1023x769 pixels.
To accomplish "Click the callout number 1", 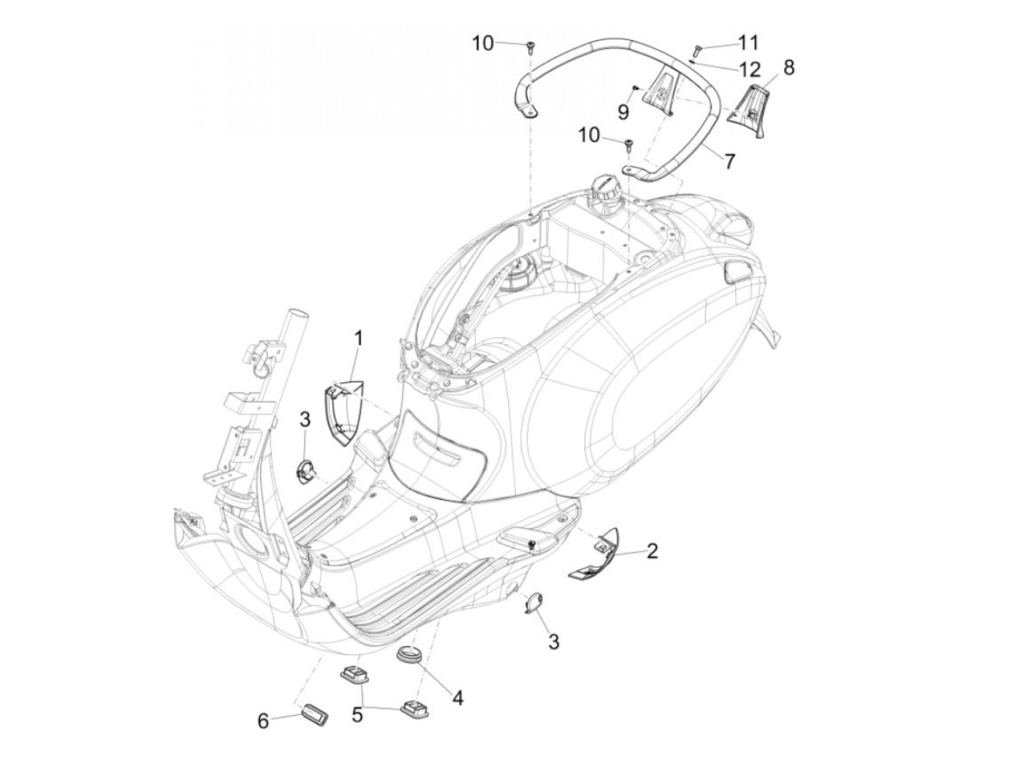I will click(358, 338).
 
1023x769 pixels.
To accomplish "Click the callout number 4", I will click(457, 698).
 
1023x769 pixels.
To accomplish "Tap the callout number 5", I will click(357, 715).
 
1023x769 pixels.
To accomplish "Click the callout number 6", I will click(264, 721).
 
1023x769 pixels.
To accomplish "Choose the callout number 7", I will click(730, 161).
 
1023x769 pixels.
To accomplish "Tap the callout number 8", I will click(788, 68).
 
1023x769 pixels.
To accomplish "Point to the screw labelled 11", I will click(696, 50).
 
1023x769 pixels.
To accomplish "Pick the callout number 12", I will click(750, 70).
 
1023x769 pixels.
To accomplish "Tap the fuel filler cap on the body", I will click(606, 185).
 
